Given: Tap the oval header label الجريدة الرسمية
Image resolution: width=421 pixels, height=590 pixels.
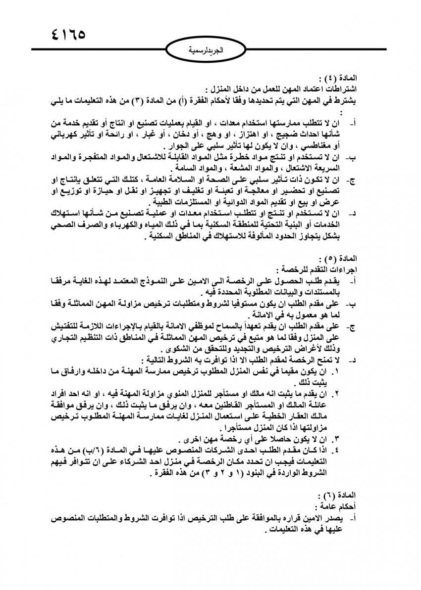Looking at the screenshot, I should pos(210,49).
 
